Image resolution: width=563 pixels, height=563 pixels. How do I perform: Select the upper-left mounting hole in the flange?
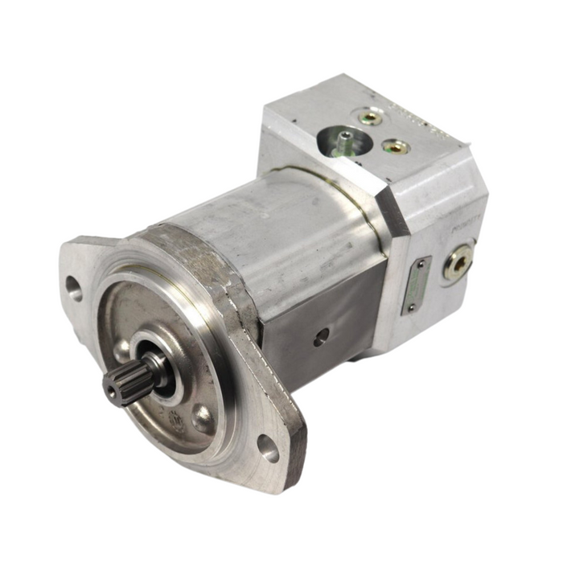pos(74,288)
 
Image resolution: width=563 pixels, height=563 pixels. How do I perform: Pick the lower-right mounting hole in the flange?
pos(268,449)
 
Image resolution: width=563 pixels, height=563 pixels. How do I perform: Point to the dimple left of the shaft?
pos(122,347)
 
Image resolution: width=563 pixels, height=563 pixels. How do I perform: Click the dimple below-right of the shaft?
pos(202,417)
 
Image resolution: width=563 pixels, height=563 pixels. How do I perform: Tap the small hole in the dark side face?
pos(321,336)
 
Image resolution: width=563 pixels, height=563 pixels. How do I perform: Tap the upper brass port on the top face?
pos(371,118)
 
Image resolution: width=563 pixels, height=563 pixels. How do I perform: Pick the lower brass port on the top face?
pos(395,146)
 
